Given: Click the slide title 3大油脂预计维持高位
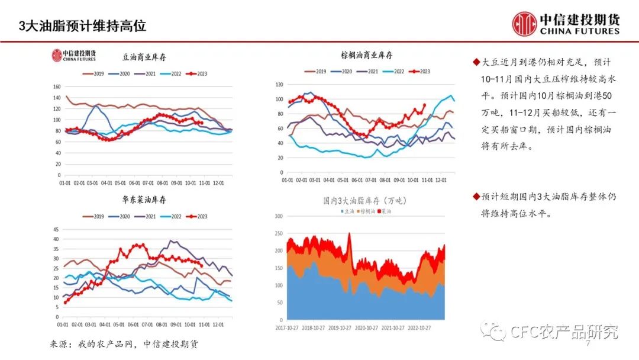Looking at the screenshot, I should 83,26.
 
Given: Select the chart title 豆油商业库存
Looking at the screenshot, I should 144,57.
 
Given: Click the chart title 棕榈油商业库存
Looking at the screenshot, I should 366,55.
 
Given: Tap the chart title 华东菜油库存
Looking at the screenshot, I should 144,200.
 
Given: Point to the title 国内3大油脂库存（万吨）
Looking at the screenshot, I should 365,201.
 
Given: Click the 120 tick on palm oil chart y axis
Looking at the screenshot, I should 279,85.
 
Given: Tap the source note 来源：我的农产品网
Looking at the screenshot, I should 123,344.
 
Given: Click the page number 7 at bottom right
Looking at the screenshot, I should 588,344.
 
